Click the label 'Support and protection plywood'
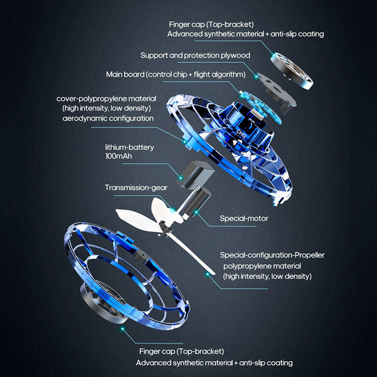[x=195, y=56]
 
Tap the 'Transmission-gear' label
[x=136, y=188]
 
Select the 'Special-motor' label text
[x=244, y=218]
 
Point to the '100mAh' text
[x=119, y=156]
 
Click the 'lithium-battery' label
[x=130, y=148]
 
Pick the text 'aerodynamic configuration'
[x=108, y=118]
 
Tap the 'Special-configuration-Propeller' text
[x=272, y=255]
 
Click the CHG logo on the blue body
[x=241, y=134]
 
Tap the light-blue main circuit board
[x=261, y=107]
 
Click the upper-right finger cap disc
[x=292, y=71]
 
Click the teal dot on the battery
[x=180, y=178]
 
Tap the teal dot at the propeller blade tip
[x=207, y=274]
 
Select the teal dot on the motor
[x=197, y=212]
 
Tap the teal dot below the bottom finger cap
[x=123, y=328]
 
